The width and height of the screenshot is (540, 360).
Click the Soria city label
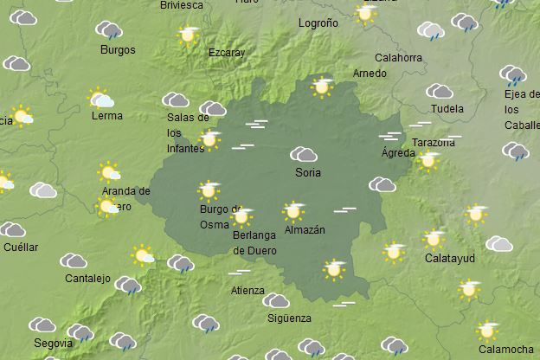click(307, 173)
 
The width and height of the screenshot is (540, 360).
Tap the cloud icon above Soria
click(304, 155)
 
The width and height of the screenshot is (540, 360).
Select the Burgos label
click(118, 50)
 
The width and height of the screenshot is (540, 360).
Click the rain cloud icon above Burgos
click(109, 31)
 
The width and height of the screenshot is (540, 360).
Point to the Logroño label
click(317, 23)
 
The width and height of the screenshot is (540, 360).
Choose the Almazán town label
click(305, 230)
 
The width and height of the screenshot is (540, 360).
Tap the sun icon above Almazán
click(293, 211)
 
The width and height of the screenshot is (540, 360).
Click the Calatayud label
click(449, 258)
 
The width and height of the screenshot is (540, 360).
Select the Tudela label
click(447, 110)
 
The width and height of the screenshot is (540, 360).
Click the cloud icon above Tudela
click(440, 92)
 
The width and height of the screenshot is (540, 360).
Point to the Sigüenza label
click(289, 318)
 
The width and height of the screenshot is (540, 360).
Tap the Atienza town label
click(247, 291)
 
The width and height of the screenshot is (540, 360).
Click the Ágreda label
click(398, 153)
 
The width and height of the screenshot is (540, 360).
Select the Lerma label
click(106, 116)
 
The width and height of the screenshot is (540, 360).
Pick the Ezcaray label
click(227, 53)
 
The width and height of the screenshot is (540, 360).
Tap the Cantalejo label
click(87, 279)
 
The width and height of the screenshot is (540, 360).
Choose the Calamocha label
click(505, 349)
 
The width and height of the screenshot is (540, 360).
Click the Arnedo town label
click(370, 74)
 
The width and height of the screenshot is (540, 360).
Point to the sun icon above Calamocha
click(487, 330)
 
